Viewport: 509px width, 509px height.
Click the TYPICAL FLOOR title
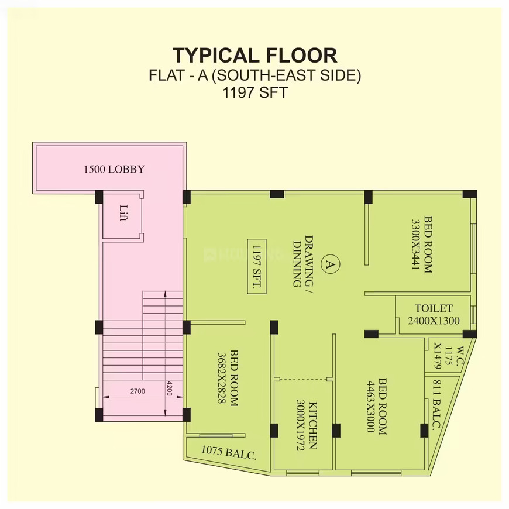tap(255, 56)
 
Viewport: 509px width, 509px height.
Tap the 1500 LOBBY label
tap(114, 169)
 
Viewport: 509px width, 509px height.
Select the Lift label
tap(123, 213)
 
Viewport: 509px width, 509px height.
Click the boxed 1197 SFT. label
tap(257, 266)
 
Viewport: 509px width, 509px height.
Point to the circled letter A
tap(331, 264)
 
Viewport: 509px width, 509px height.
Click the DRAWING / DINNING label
tap(303, 262)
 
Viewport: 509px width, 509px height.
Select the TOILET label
tap(434, 308)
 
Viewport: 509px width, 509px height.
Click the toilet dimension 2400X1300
tap(434, 321)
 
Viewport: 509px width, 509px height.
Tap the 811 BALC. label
tap(436, 404)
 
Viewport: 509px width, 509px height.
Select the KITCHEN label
tap(312, 425)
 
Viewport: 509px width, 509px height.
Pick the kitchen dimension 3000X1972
tap(301, 425)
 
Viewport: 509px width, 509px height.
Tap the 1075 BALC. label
tap(229, 453)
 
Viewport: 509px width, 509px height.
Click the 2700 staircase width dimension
tap(137, 391)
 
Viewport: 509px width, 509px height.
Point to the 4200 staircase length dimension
tap(170, 388)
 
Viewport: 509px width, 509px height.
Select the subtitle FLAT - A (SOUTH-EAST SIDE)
tap(255, 75)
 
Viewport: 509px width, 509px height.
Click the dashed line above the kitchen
tap(303, 379)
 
